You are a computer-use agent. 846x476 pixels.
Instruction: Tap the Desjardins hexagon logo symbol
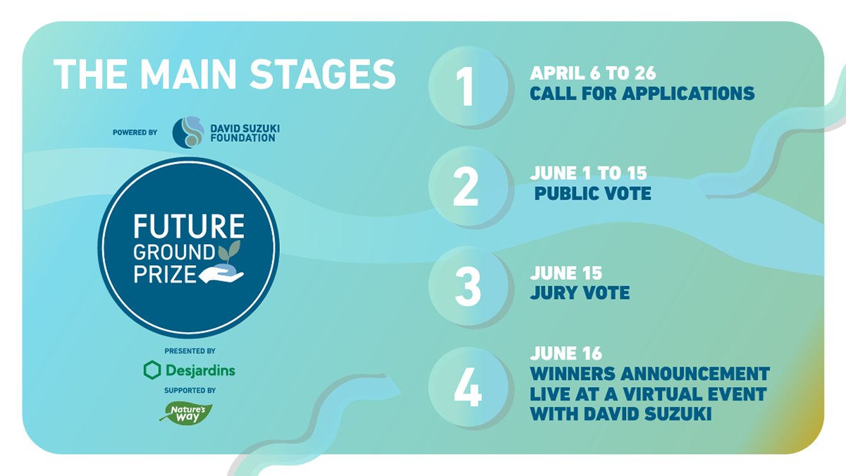[152, 370]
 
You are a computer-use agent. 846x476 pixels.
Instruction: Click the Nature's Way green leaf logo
[187, 412]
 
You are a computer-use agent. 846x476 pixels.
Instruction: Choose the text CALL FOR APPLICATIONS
[642, 93]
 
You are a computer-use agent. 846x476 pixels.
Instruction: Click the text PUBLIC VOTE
[593, 193]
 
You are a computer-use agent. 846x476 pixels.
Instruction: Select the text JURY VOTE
[580, 292]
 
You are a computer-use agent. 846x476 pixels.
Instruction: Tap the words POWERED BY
[135, 132]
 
